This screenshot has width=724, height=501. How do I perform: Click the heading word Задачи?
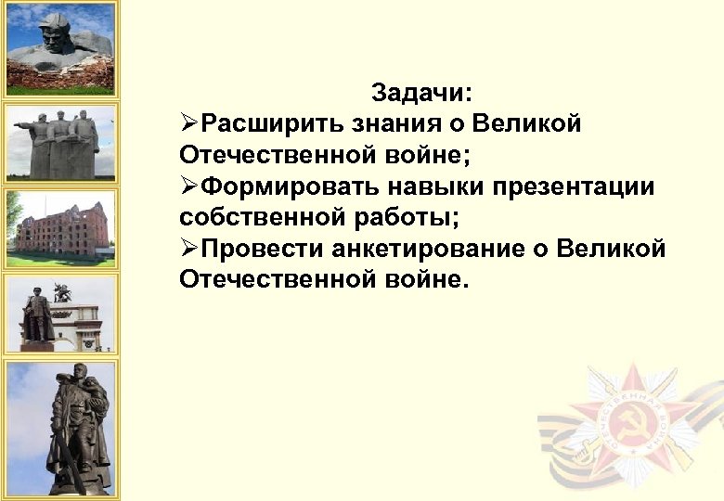pos(422,93)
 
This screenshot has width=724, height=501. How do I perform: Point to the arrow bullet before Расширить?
pos(189,123)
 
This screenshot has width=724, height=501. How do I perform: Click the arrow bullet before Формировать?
pos(189,187)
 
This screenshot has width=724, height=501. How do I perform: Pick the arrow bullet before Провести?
pos(189,250)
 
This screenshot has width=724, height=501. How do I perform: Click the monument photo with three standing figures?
pos(61,141)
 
